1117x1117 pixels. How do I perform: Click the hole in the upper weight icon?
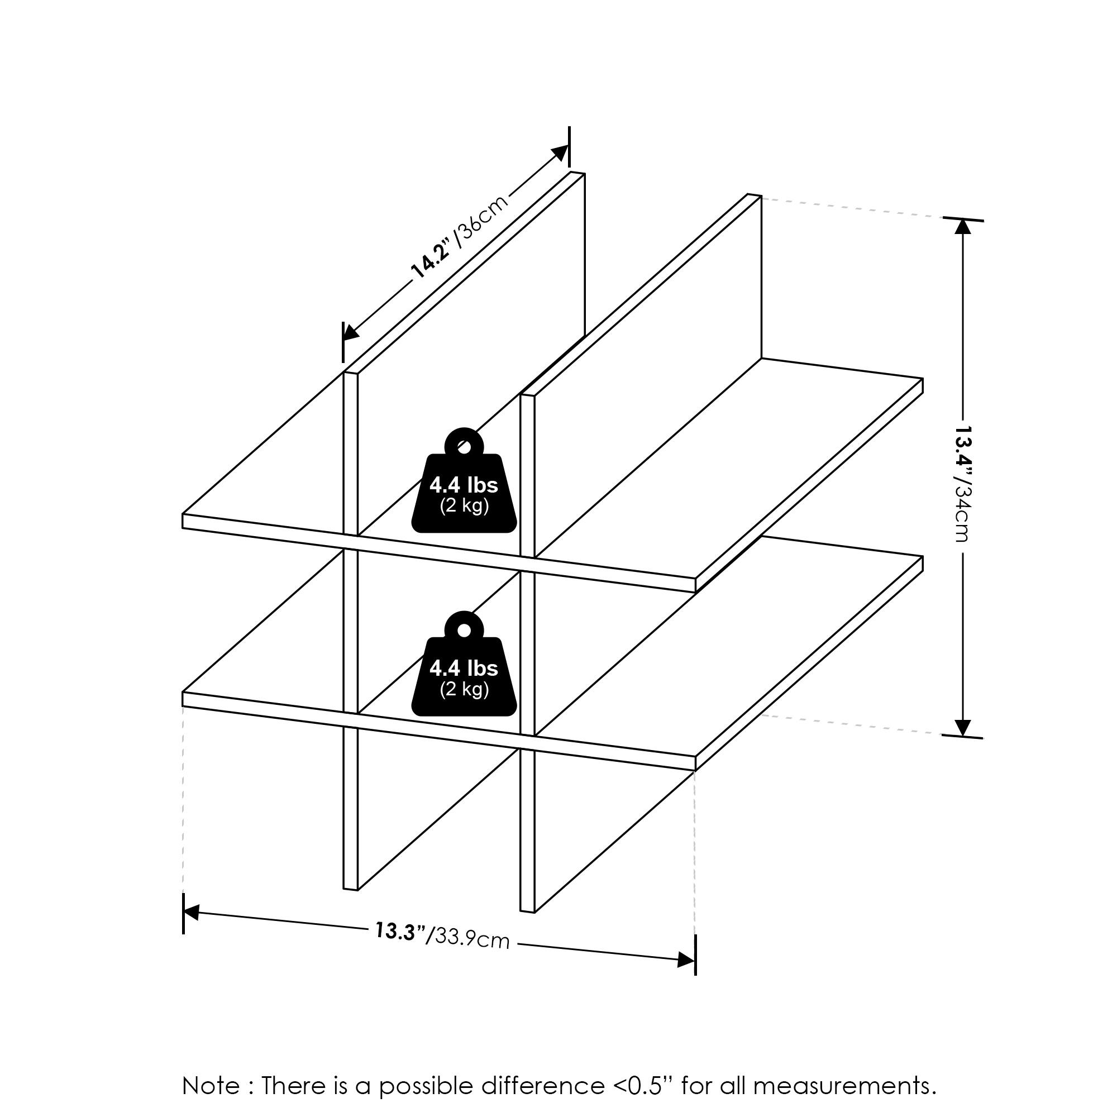[463, 446]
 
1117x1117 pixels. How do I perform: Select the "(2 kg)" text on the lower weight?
[464, 689]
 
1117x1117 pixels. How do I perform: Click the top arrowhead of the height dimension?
[962, 227]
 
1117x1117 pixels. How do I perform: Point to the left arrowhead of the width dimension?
[191, 913]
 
